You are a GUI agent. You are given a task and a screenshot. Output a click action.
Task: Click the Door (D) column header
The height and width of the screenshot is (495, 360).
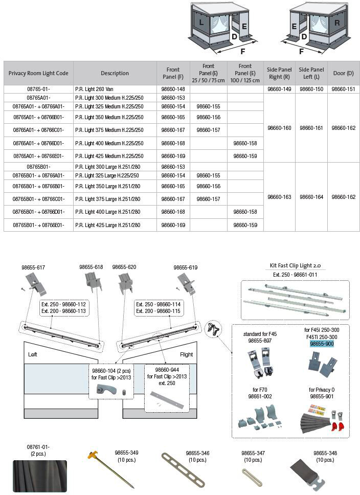pyautogui.click(x=343, y=73)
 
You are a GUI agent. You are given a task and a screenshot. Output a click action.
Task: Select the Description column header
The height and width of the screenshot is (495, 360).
pyautogui.click(x=115, y=73)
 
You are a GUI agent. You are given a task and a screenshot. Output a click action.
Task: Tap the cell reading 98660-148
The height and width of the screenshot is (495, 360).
pyautogui.click(x=173, y=89)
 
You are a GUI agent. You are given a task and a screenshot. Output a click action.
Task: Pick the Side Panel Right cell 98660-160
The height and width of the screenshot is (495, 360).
pyautogui.click(x=279, y=128)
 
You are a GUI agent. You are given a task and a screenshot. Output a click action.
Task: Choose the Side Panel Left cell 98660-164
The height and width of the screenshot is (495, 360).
pyautogui.click(x=311, y=197)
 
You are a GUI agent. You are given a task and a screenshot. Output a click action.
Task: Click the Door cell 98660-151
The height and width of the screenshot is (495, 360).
pyautogui.click(x=343, y=89)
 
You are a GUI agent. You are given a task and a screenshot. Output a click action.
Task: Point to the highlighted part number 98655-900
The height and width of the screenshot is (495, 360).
pyautogui.click(x=322, y=344)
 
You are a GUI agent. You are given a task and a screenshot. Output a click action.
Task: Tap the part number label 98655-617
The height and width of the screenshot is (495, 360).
pyautogui.click(x=33, y=267)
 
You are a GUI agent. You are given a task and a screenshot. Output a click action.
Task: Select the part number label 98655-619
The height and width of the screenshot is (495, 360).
pyautogui.click(x=185, y=267)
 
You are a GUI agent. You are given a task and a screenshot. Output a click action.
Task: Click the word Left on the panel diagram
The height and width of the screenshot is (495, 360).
pyautogui.click(x=33, y=354)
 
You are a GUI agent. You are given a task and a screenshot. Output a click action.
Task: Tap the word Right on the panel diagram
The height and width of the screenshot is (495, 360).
pyautogui.click(x=186, y=354)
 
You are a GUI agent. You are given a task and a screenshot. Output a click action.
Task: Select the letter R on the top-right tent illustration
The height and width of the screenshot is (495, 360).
pyautogui.click(x=337, y=22)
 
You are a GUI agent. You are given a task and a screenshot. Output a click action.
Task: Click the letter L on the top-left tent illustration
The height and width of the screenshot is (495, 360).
pyautogui.click(x=201, y=23)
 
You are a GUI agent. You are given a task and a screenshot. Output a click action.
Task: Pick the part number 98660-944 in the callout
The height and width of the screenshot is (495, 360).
pyautogui.click(x=166, y=369)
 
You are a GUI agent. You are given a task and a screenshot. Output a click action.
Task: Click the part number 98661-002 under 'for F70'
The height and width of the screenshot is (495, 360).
pyautogui.click(x=260, y=396)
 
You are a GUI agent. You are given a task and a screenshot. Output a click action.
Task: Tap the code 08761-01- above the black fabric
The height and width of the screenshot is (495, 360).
pyautogui.click(x=38, y=447)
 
